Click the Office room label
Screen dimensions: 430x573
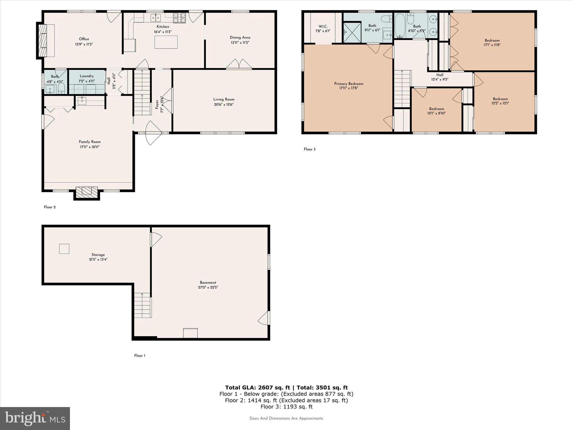point(84,39)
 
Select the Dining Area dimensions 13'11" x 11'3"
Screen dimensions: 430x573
point(240,43)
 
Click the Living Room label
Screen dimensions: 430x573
point(224,99)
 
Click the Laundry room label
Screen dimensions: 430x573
point(86,76)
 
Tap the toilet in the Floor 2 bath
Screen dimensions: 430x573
point(61,88)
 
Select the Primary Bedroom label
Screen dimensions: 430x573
point(349,84)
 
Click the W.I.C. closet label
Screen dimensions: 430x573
point(323,26)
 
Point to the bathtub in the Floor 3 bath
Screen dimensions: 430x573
point(400,25)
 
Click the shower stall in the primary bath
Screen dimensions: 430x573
point(352,33)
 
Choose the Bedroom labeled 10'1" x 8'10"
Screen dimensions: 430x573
point(436,111)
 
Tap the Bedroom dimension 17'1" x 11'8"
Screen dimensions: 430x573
point(492,45)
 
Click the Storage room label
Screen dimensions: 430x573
point(98,255)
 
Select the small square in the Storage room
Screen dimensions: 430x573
point(64,249)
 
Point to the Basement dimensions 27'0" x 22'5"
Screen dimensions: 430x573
point(208,287)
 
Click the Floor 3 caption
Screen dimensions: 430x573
point(309,149)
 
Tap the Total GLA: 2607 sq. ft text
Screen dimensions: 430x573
point(257,387)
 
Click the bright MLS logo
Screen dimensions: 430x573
point(35,418)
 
